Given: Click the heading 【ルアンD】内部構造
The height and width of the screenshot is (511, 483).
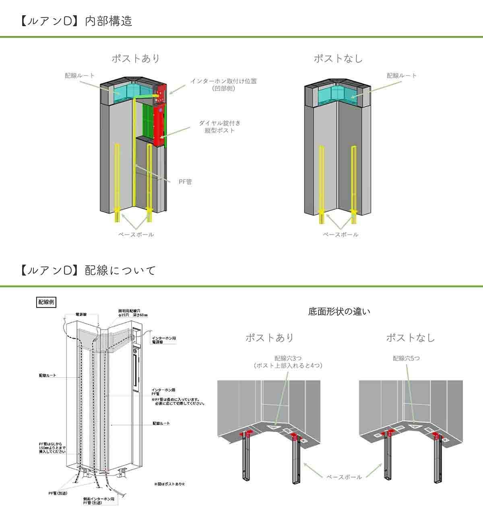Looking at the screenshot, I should click(x=76, y=21).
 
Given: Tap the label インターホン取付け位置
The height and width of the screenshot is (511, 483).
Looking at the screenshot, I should click(x=223, y=81).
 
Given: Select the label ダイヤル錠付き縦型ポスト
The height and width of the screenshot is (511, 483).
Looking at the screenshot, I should click(x=220, y=127).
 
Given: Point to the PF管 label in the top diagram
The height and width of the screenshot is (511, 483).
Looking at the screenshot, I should click(x=185, y=182).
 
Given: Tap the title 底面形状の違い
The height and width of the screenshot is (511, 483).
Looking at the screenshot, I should click(x=339, y=312).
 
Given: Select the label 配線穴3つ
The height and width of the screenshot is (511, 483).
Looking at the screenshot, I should click(x=288, y=358).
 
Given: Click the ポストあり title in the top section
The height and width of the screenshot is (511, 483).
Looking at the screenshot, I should click(x=136, y=58).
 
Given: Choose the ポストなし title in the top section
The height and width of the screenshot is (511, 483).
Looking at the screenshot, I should click(x=338, y=58).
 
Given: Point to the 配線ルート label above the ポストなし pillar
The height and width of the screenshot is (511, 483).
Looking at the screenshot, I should click(x=402, y=75).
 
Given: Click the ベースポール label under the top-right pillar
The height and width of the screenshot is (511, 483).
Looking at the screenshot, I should click(x=340, y=235).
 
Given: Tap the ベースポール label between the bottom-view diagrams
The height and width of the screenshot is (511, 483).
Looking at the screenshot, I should click(x=344, y=477).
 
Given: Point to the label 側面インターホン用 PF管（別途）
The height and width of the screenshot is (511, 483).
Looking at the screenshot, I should click(x=99, y=501).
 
